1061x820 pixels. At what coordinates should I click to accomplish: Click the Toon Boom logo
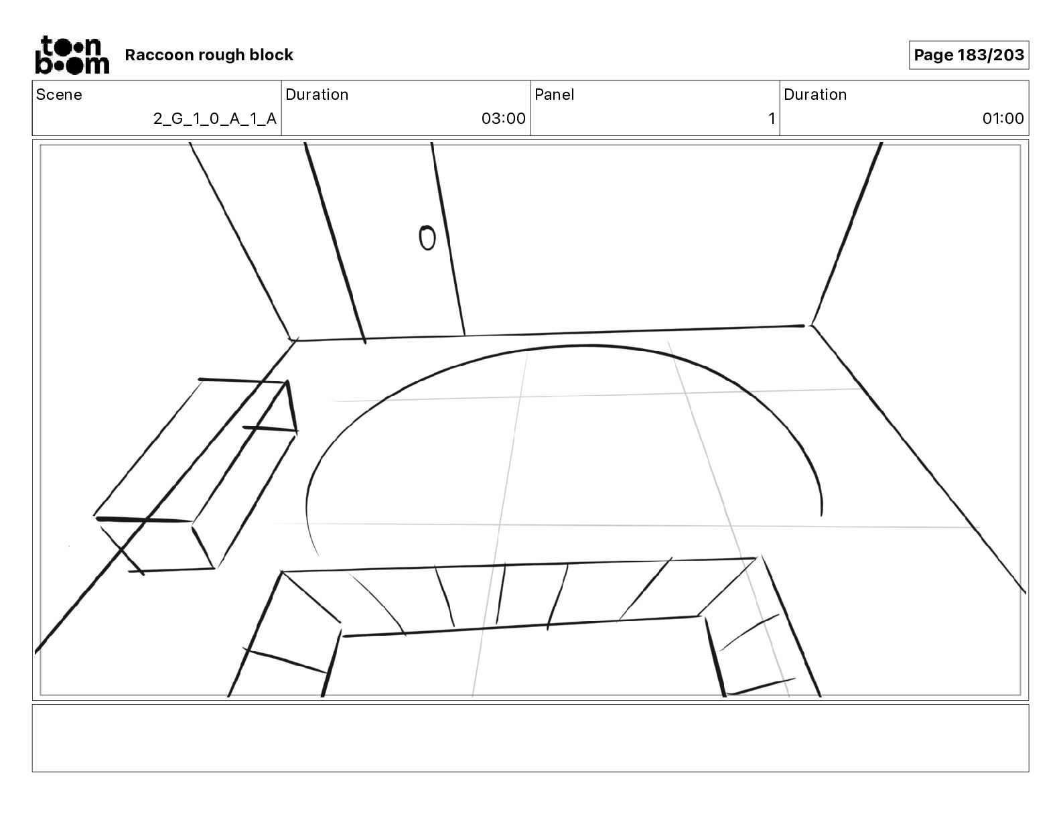(72, 55)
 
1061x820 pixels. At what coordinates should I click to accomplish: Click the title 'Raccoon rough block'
(209, 55)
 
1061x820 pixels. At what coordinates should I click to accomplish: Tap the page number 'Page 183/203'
(969, 55)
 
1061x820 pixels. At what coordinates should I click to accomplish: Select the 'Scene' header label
(59, 94)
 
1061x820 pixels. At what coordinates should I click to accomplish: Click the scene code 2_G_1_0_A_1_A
(214, 119)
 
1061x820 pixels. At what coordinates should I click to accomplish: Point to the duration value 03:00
(503, 119)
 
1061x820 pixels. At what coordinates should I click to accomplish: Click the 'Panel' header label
(554, 94)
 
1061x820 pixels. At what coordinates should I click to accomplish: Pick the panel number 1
(772, 119)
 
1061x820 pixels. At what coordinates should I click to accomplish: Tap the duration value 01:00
(1003, 119)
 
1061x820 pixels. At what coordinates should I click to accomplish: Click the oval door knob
(427, 238)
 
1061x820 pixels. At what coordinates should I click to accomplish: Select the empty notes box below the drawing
(530, 738)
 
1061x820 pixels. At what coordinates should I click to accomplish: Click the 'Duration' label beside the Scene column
(317, 94)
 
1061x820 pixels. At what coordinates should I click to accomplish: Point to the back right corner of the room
(809, 326)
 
